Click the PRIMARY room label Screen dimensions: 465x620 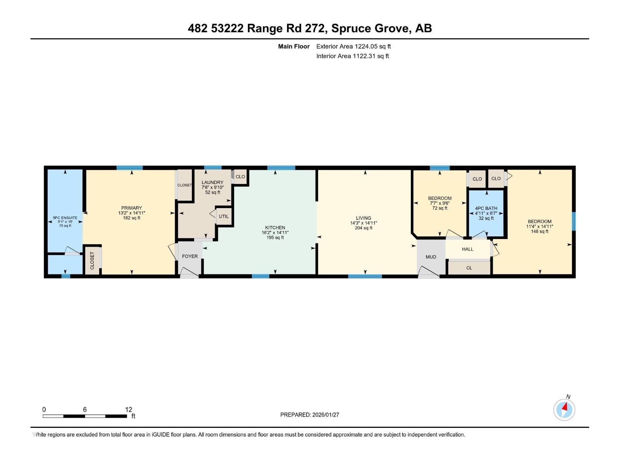[x=131, y=208]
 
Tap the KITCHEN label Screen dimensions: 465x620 [x=275, y=228]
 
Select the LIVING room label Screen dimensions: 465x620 [x=363, y=218]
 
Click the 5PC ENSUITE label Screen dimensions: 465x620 [x=65, y=218]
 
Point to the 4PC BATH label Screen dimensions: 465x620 [x=486, y=208]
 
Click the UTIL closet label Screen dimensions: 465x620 [x=224, y=217]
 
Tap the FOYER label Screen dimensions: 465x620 [x=190, y=257]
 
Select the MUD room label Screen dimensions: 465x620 [x=431, y=257]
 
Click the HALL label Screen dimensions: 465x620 [x=468, y=249]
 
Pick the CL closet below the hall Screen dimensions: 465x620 [x=469, y=268]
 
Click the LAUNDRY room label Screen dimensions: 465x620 [x=212, y=183]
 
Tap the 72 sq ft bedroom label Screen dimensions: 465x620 [x=440, y=208]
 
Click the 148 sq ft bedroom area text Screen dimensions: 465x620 [x=539, y=231]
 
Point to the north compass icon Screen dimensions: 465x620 [x=564, y=410]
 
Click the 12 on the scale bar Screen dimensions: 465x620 [x=129, y=410]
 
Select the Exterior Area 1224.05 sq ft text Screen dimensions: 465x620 [x=353, y=46]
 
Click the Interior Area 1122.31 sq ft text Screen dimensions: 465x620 [x=352, y=56]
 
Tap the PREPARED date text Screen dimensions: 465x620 [x=310, y=415]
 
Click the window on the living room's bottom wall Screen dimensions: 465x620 [x=365, y=276]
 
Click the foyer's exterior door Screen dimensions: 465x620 [x=189, y=274]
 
